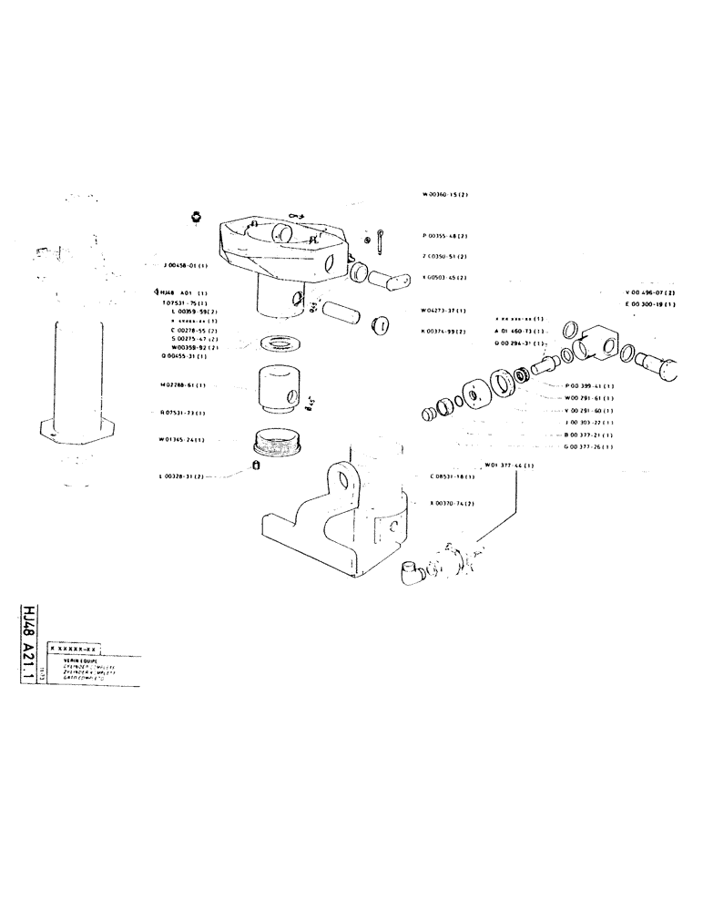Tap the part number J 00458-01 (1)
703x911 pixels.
[x=186, y=266]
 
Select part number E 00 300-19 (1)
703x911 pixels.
[x=656, y=304]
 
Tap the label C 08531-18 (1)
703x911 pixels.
[x=452, y=476]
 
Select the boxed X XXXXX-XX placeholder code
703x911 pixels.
[x=75, y=645]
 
